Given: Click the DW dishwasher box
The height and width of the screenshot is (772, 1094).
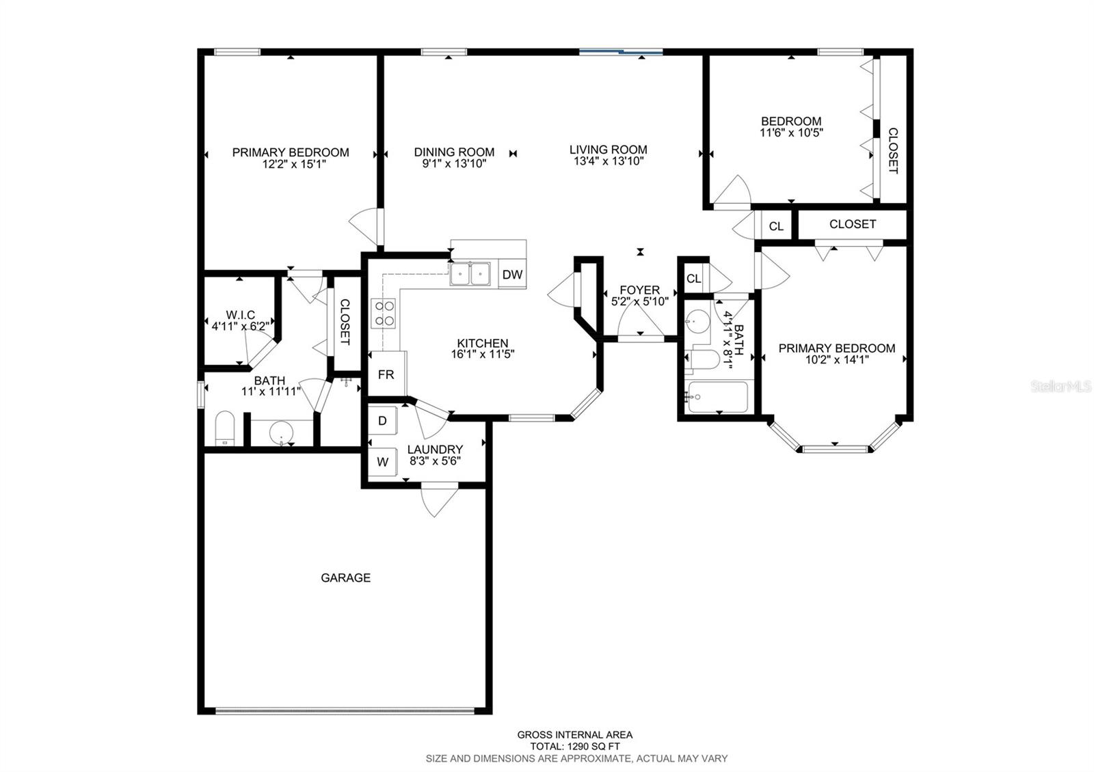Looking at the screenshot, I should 512,275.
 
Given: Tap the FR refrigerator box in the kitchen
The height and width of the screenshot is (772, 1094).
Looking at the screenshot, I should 386,374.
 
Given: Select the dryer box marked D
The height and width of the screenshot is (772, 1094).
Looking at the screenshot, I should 383,421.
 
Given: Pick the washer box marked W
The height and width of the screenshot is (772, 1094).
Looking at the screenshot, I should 383,462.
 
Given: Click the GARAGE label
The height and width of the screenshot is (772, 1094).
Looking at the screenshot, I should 346,578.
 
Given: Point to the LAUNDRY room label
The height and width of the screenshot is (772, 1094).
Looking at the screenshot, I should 435,450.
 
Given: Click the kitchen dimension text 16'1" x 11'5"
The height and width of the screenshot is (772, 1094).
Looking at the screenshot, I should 482,355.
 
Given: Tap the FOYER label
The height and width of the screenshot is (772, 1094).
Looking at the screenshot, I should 639,290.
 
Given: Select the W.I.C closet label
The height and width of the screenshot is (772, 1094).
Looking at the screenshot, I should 240,315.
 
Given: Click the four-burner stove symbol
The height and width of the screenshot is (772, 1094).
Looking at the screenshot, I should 383,313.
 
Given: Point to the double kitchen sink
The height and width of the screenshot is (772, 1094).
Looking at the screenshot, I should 471,273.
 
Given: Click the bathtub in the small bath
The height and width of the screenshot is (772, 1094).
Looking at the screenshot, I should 718,398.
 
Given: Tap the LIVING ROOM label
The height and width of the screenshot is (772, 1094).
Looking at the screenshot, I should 609,150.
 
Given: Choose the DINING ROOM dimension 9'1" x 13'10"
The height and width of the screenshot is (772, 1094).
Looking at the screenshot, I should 454,163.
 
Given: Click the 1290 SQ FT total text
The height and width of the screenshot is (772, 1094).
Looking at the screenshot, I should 574,747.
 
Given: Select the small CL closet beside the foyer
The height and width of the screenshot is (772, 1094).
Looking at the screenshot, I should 693,279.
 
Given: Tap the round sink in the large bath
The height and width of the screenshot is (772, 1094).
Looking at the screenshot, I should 281,432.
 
